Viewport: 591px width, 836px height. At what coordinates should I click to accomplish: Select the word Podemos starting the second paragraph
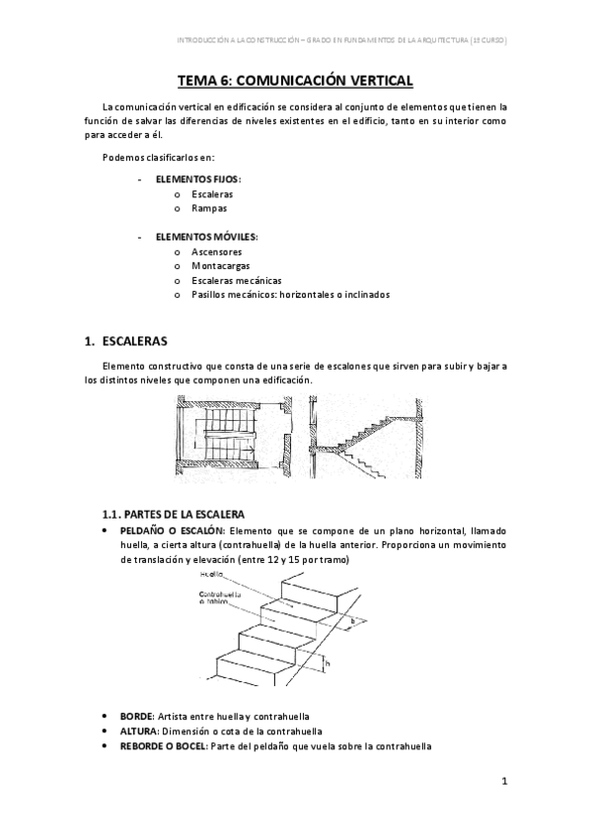[x=122, y=158]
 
